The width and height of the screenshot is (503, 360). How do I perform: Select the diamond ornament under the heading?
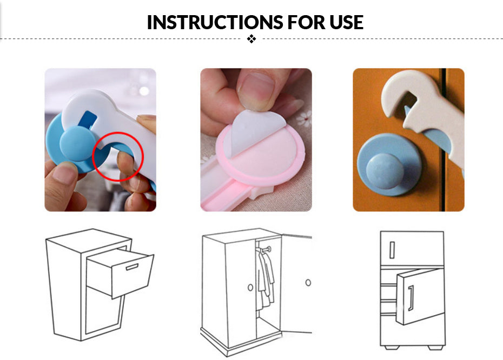(251, 39)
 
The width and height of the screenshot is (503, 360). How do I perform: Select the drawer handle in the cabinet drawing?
(132, 266)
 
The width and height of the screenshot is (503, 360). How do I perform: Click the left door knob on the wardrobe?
(250, 288)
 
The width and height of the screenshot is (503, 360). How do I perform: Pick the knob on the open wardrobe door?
(308, 283)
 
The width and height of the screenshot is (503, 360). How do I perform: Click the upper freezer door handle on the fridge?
(392, 250)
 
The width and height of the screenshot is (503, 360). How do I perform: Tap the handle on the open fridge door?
(411, 298)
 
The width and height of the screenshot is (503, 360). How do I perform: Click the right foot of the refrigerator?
(434, 348)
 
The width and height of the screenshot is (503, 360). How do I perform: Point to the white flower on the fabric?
(304, 118)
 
